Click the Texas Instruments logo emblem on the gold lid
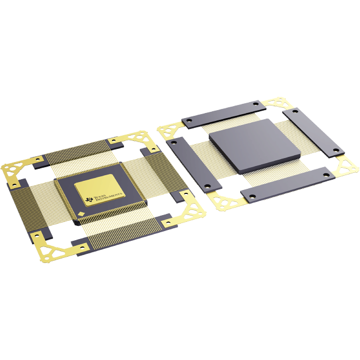tap(90, 199)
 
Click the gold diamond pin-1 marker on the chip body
tap(84, 213)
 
